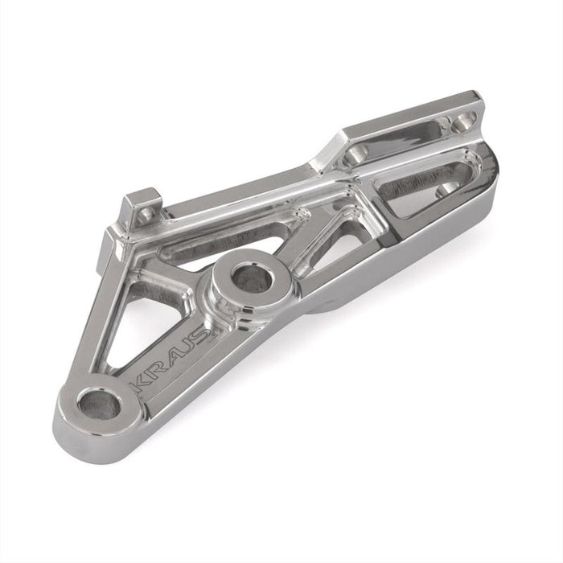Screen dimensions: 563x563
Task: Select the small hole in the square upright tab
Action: point(146,216)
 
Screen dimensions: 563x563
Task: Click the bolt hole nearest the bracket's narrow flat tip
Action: point(463,121)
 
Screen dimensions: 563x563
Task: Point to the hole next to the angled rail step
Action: point(355,154)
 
